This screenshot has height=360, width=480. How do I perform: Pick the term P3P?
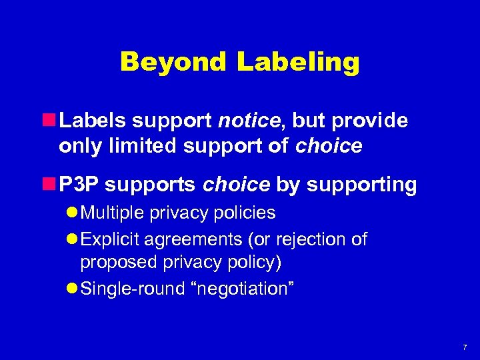(80, 185)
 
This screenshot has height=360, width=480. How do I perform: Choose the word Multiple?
(113, 213)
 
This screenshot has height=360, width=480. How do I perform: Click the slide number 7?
(465, 348)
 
